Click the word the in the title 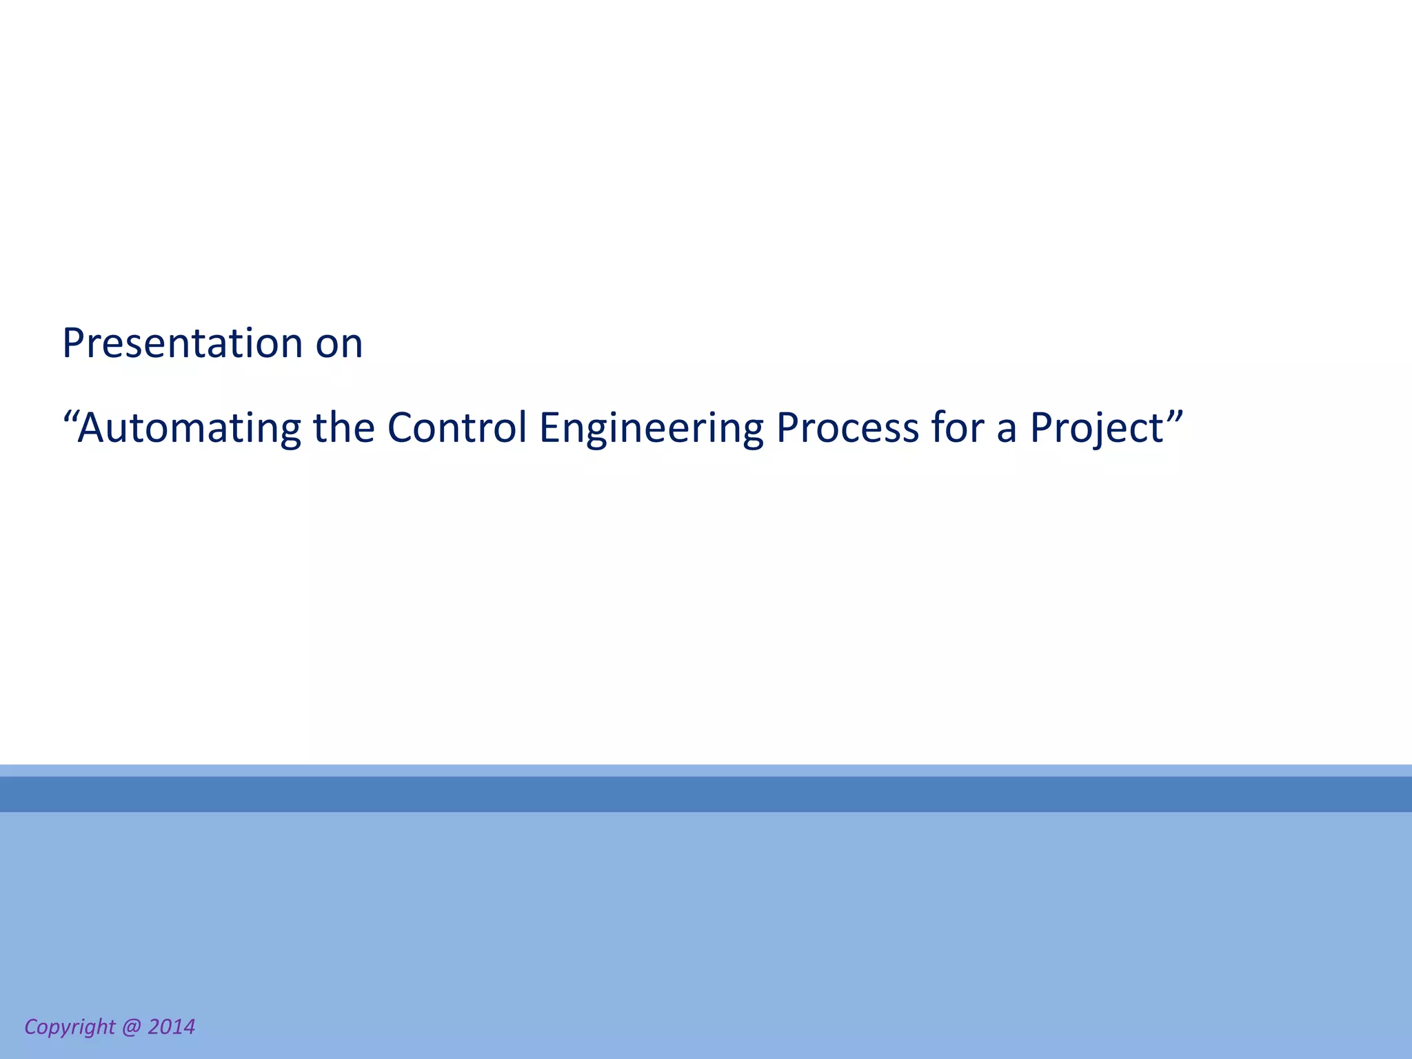[343, 427]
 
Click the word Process [847, 427]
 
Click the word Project [1096, 428]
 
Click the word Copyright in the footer [70, 1027]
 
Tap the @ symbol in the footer [131, 1027]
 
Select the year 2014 [171, 1027]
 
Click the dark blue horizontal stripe [706, 794]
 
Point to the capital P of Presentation [74, 343]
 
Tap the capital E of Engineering [550, 427]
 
